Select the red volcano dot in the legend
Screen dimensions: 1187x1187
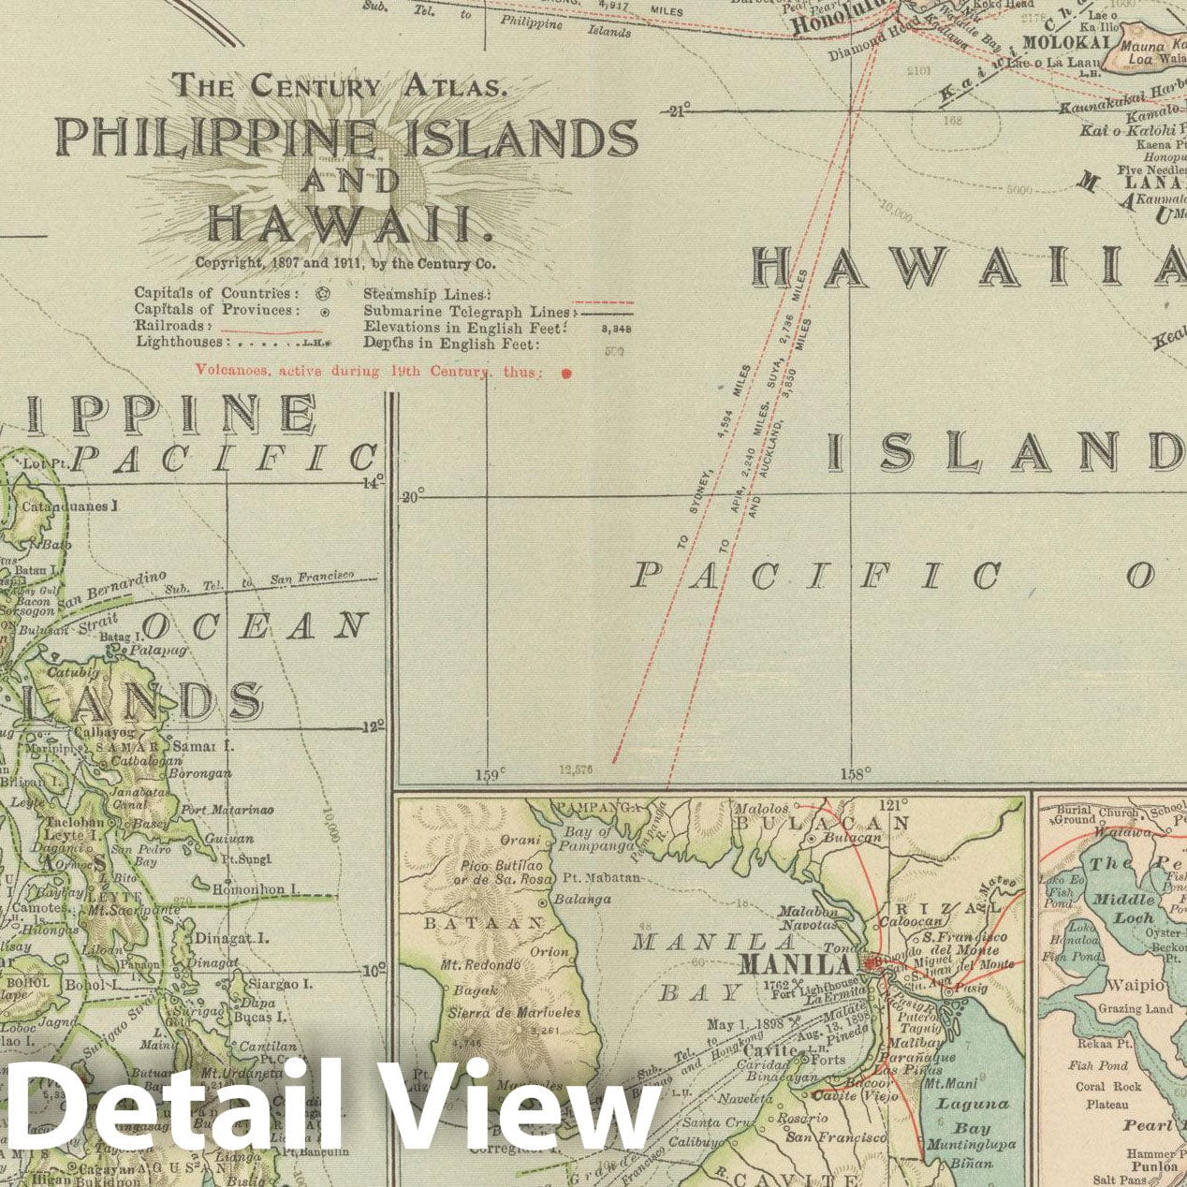565,373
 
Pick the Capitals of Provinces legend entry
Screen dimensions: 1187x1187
217,310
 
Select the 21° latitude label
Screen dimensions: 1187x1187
676,111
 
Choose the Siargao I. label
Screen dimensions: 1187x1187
280,984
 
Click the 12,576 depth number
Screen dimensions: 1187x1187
576,770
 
